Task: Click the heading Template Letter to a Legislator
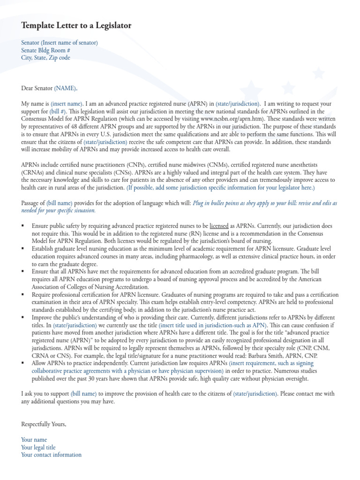(x=76, y=26)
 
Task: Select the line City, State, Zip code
(x=45, y=58)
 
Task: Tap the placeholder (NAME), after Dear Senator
(x=66, y=88)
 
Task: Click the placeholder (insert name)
(x=67, y=104)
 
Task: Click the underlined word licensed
(x=219, y=225)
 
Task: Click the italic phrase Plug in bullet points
(x=219, y=203)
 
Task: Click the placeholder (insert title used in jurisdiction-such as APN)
(x=213, y=325)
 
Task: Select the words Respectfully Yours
(x=44, y=424)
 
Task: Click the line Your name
(x=34, y=440)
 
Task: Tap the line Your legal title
(x=38, y=447)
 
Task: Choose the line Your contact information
(x=51, y=455)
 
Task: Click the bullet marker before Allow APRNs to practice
(x=23, y=363)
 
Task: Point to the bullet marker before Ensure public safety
(x=23, y=225)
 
